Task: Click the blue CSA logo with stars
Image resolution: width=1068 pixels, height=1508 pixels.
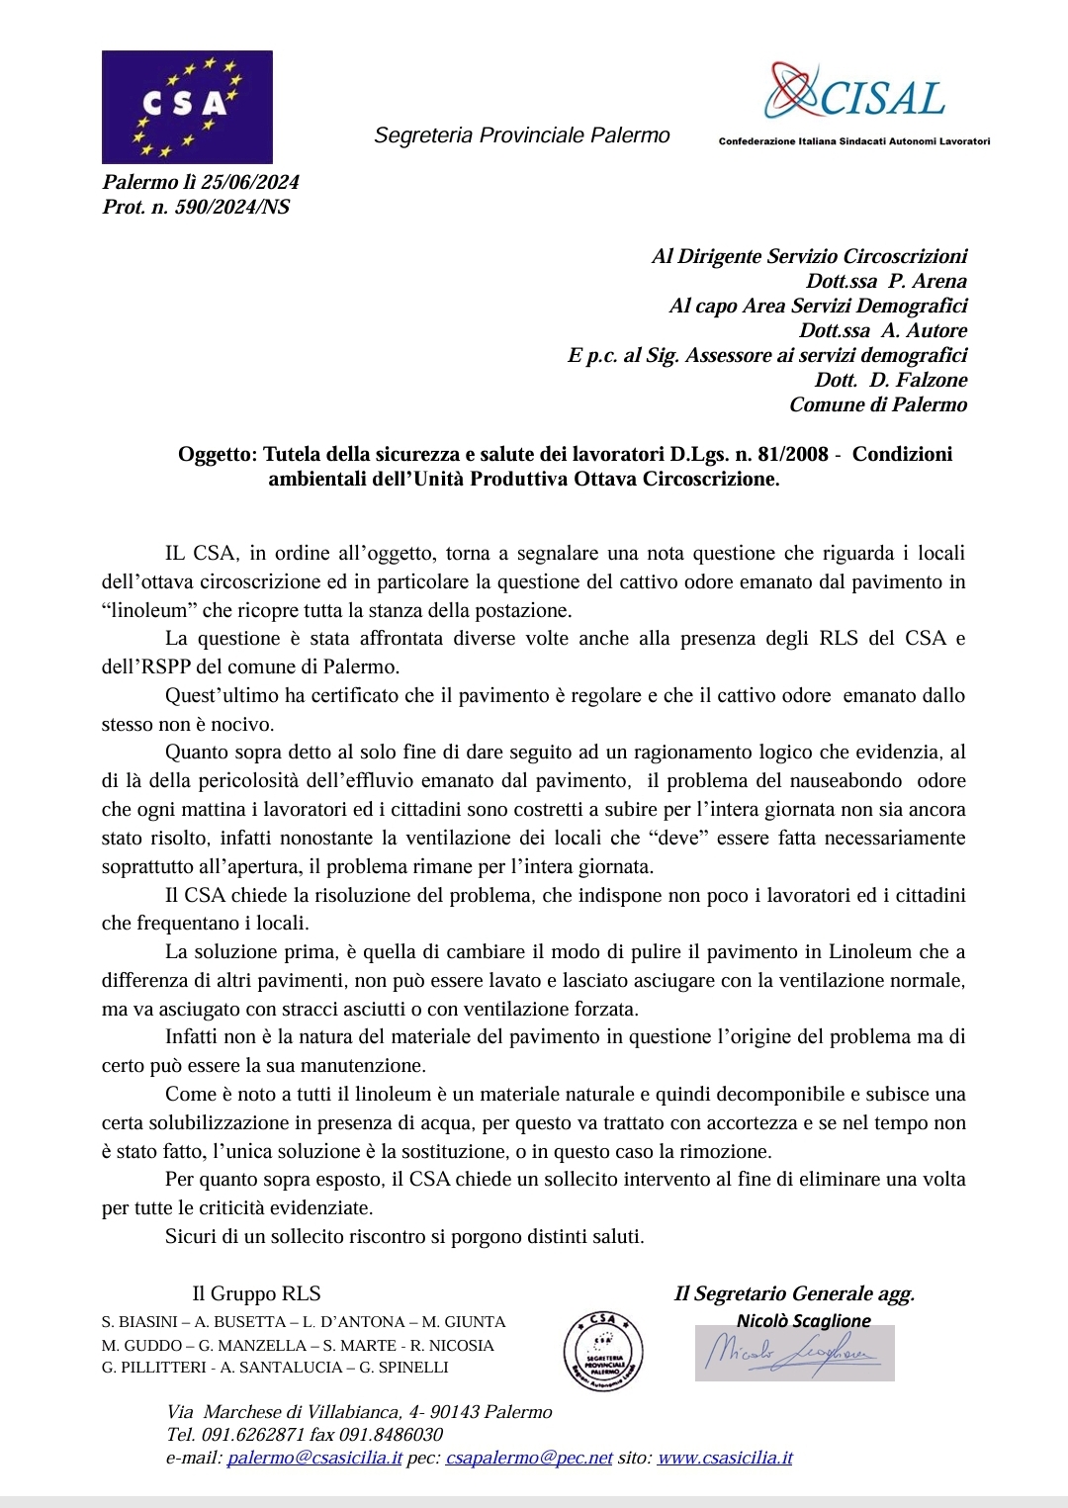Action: pyautogui.click(x=187, y=107)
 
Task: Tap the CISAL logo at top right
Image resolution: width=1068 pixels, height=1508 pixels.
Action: pyautogui.click(x=856, y=93)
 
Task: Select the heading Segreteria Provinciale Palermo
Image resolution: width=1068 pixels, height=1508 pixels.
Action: pyautogui.click(x=521, y=135)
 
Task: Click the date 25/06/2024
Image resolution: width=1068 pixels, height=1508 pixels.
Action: pyautogui.click(x=249, y=182)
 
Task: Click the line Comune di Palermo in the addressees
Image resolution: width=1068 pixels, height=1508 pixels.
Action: pyautogui.click(x=877, y=404)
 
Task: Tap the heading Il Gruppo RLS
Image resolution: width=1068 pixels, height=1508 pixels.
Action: pyautogui.click(x=256, y=1293)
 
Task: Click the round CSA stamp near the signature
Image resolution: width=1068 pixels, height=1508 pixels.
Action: pyautogui.click(x=603, y=1350)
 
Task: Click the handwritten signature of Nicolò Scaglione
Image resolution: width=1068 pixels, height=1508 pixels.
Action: pyautogui.click(x=794, y=1353)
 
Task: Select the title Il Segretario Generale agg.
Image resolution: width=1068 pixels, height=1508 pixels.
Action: pyautogui.click(x=794, y=1293)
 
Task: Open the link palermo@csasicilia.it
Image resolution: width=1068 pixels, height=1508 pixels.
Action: pyautogui.click(x=314, y=1458)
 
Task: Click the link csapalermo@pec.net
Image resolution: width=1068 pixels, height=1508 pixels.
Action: pyautogui.click(x=529, y=1458)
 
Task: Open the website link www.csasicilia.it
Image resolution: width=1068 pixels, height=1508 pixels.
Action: pyautogui.click(x=725, y=1458)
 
